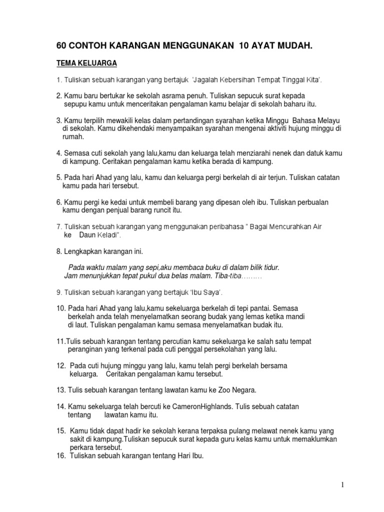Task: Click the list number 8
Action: [x=58, y=250]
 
